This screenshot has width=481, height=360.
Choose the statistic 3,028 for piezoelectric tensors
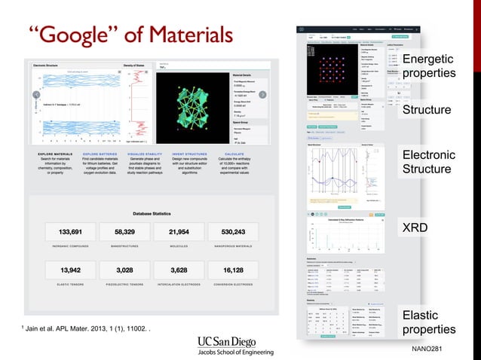click(124, 270)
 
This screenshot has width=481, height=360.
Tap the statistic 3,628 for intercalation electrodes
click(179, 270)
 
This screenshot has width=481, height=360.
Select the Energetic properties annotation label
click(428, 66)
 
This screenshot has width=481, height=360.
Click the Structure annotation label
click(427, 111)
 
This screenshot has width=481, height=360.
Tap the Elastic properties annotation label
click(428, 322)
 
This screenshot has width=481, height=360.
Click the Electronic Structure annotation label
click(427, 162)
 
